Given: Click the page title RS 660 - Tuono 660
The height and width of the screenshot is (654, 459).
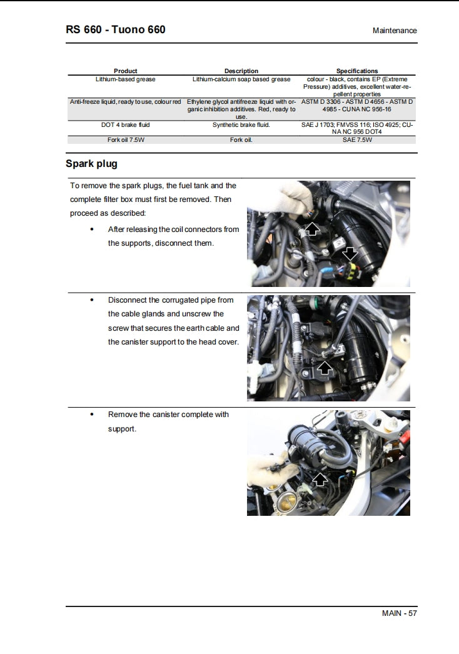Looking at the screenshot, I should coord(116,29).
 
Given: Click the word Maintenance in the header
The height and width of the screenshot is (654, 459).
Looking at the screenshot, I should coord(394,31).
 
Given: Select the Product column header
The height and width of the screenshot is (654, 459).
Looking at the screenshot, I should coord(125,71).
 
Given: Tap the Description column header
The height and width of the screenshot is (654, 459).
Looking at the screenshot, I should coord(241,71).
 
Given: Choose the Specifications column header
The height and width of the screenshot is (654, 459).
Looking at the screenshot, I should coord(356,71).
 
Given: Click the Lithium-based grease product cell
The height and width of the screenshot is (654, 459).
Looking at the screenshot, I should coord(125,79).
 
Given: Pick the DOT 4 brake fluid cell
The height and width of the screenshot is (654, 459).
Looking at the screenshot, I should coord(125,125).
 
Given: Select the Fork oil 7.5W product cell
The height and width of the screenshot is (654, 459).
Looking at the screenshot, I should coord(125,140).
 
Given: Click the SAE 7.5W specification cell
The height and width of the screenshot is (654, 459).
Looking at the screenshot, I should coord(356,140).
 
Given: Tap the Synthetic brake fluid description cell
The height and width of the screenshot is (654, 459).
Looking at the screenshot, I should coord(241,125).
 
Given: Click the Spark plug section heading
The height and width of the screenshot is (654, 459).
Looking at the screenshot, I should coord(91,164).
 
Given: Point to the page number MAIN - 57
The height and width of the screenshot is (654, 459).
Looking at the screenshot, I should coord(399,613).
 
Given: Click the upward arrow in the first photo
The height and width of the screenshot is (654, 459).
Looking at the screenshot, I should coord(311,229).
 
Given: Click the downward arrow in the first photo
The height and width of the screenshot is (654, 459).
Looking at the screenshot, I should coord(350,253).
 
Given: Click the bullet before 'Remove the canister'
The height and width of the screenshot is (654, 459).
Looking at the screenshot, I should coord(92,415).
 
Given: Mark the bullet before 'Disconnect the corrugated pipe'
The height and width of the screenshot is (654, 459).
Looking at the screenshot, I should coord(92,300).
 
